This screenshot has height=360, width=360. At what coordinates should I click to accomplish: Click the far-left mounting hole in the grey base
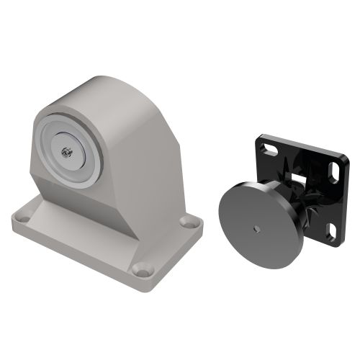22,214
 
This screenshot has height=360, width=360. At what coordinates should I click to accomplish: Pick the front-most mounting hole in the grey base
143,270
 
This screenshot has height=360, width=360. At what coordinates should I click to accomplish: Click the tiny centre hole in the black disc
257,229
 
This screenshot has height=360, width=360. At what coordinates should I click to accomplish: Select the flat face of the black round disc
245,216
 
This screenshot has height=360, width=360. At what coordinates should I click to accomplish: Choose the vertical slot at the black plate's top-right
334,175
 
